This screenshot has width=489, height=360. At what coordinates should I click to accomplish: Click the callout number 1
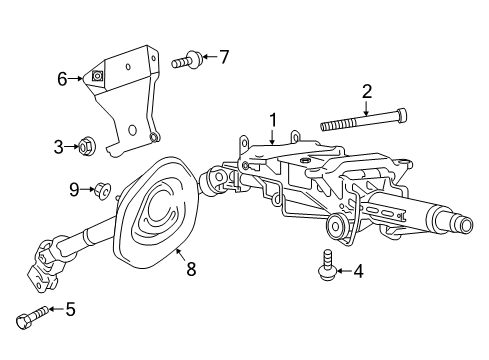click(x=273, y=120)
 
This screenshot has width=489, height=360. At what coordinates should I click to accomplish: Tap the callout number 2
click(x=367, y=92)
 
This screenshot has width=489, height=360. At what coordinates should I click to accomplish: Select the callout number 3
click(x=59, y=147)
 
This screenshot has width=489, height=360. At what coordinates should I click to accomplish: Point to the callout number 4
click(x=358, y=271)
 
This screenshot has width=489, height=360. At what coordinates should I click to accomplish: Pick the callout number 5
click(x=70, y=309)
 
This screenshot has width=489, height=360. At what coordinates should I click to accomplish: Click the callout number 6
click(x=62, y=79)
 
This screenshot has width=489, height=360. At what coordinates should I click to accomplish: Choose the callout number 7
click(x=224, y=57)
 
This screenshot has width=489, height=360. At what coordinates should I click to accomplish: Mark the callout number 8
click(x=191, y=269)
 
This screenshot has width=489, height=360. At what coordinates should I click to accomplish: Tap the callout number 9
click(x=74, y=190)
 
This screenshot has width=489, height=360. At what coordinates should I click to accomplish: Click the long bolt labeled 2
click(x=364, y=119)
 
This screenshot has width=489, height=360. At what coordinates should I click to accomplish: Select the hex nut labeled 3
click(x=88, y=146)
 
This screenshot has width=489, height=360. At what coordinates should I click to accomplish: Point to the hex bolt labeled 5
click(x=31, y=316)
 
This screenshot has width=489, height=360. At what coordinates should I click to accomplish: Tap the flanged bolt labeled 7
click(x=187, y=60)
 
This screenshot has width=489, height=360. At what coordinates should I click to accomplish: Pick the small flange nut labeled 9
click(x=103, y=191)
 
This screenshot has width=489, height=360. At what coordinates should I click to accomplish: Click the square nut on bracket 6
click(x=97, y=77)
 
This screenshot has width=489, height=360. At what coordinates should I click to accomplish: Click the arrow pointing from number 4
click(x=344, y=271)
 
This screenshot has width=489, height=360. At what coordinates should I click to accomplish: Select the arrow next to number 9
click(x=87, y=189)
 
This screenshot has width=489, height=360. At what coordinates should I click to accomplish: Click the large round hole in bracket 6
click(x=132, y=130)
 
